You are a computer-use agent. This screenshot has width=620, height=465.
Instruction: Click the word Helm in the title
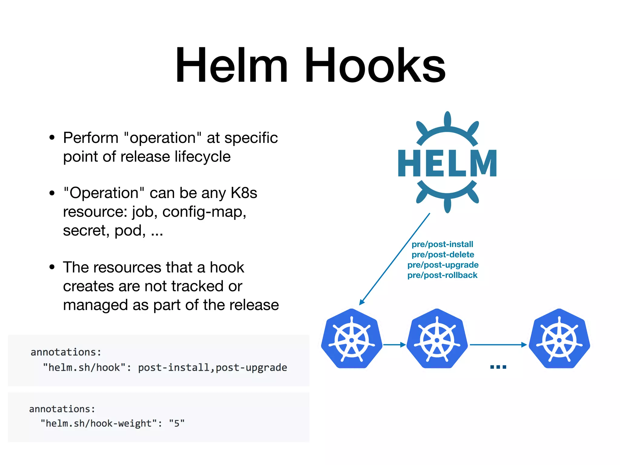click(x=232, y=65)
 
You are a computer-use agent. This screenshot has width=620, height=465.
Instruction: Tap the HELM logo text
click(x=447, y=163)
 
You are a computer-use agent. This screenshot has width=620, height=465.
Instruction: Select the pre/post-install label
click(x=442, y=244)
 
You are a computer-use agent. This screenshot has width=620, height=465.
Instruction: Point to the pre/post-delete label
click(x=443, y=255)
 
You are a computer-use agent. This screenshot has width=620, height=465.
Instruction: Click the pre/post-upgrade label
click(x=443, y=265)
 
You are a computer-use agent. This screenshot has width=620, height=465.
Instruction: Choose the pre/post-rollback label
click(x=442, y=275)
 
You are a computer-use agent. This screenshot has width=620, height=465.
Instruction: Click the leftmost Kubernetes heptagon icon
click(x=351, y=339)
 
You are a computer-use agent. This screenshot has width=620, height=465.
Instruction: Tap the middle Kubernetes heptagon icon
click(x=437, y=339)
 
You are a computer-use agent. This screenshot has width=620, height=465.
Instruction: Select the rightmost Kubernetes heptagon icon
click(x=559, y=339)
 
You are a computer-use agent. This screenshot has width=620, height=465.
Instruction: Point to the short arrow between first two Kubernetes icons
click(x=394, y=345)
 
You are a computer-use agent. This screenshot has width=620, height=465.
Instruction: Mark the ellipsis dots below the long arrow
click(x=498, y=367)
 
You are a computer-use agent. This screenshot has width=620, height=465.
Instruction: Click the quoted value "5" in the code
click(x=177, y=423)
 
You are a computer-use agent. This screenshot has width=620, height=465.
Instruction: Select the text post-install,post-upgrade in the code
click(x=213, y=368)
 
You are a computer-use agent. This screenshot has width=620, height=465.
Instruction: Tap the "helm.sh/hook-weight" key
click(x=99, y=423)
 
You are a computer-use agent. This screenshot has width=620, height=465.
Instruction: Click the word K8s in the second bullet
click(x=244, y=193)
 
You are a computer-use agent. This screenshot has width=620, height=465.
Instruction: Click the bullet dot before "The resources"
click(x=52, y=267)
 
